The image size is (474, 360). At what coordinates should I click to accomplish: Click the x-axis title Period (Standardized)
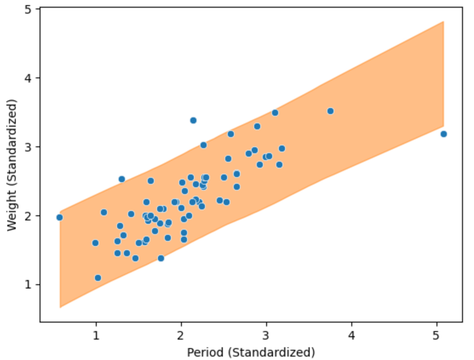point(251,352)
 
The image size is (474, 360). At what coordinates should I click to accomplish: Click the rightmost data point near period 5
point(443,134)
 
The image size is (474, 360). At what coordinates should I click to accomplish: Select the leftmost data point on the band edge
point(60,217)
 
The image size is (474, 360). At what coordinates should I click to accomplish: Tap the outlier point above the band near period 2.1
point(193,120)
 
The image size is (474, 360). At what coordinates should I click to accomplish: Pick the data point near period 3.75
point(330,111)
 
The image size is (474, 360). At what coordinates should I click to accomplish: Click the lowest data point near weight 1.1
point(98,278)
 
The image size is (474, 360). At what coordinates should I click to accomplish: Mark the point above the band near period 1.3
point(122,179)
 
